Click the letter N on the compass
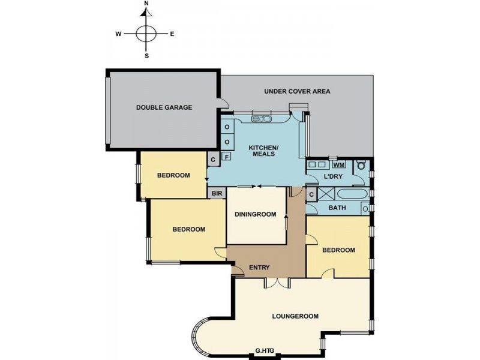(x=146, y=4)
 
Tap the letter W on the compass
(x=119, y=34)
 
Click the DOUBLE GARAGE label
(x=164, y=107)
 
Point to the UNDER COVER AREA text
(x=297, y=92)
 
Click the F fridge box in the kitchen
(x=227, y=157)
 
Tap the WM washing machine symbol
(x=338, y=165)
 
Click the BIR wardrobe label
(x=216, y=193)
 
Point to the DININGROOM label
(x=255, y=214)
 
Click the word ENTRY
(x=259, y=268)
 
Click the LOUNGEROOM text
(x=295, y=316)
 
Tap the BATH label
(x=337, y=208)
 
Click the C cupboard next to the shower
(x=312, y=194)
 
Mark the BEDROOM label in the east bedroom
(x=338, y=250)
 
